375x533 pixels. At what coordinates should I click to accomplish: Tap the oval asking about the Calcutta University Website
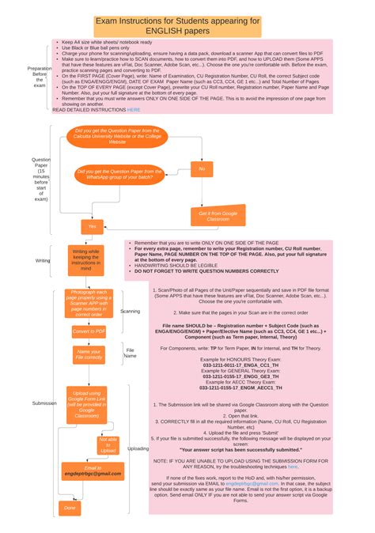117,135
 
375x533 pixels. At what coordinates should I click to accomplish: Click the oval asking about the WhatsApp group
119,174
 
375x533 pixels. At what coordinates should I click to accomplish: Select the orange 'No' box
202,168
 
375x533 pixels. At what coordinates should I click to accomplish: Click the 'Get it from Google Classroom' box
207,216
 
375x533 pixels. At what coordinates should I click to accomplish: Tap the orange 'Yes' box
92,226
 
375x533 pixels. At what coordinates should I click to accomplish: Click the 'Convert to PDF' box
88,331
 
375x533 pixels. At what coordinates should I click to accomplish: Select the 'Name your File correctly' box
89,353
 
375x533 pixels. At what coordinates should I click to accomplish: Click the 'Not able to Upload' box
108,444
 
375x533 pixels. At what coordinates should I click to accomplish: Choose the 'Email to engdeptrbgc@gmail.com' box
93,471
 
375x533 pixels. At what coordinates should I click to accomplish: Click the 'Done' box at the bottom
70,508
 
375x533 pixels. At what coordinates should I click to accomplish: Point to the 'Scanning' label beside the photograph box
130,311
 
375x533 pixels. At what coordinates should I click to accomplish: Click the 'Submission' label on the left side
44,403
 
